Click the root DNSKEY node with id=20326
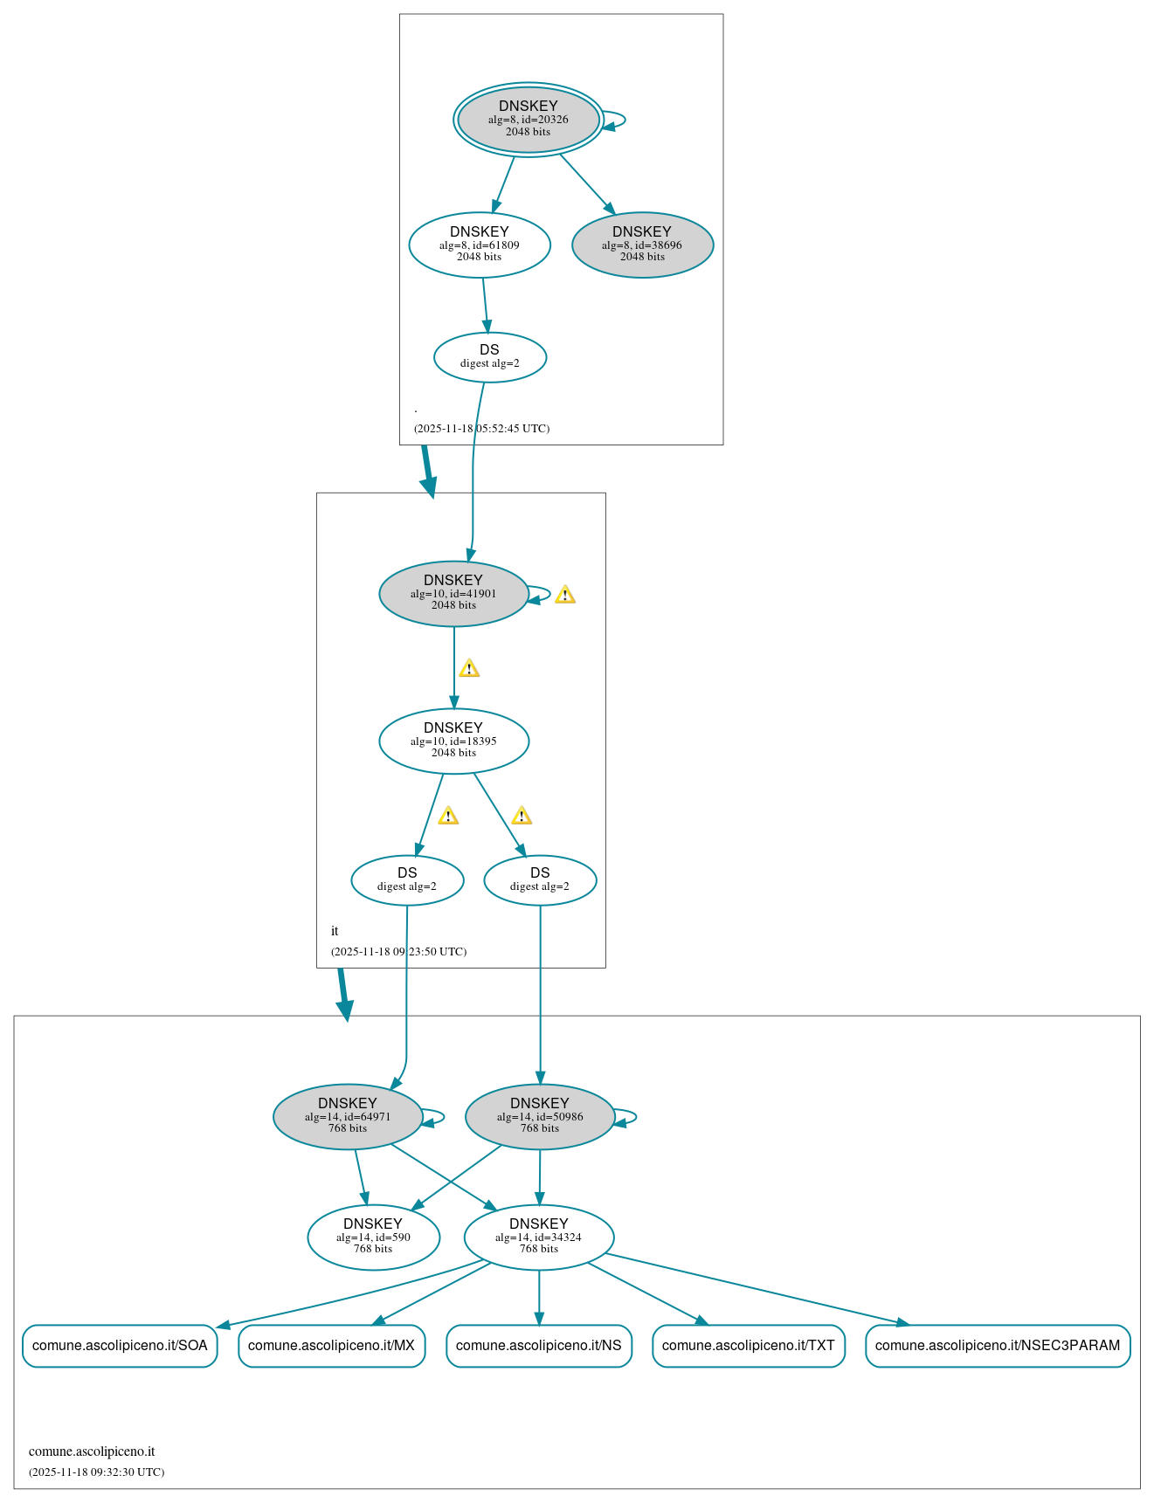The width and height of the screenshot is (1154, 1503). coord(528,120)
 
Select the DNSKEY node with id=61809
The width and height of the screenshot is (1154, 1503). coord(479,245)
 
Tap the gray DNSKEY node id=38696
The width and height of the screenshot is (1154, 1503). coord(642,245)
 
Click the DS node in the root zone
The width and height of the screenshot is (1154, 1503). coord(489,357)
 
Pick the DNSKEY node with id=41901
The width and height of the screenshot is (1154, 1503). coord(453,594)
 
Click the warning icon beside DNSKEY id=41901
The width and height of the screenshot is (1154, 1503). coord(565,596)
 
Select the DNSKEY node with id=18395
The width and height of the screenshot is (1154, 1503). coord(453,741)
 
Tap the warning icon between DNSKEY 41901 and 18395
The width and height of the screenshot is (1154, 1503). coord(469,669)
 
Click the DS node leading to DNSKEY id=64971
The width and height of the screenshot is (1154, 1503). coord(407,880)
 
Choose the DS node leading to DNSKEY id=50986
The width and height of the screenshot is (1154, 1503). coord(540,880)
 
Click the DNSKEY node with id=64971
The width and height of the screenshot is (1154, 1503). coord(348,1117)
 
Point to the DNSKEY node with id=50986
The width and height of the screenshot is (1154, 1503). coord(540,1117)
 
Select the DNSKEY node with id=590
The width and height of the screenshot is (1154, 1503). coord(373,1238)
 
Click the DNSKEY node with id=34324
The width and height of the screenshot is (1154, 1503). coord(539,1238)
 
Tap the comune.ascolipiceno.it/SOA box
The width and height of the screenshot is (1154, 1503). coord(120,1346)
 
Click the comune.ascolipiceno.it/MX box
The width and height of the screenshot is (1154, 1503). coord(331,1346)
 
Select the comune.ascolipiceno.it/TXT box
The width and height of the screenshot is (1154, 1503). coord(748,1346)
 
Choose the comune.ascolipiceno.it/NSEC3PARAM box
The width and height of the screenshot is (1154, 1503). coord(998,1346)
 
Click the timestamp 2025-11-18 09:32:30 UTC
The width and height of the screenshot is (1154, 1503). coord(96,1472)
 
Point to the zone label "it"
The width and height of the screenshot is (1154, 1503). coord(335,931)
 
